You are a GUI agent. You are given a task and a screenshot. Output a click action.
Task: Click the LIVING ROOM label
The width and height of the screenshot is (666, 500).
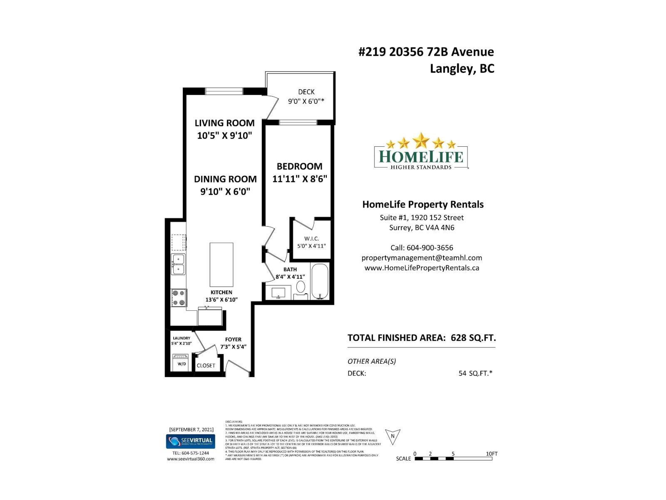(x=224, y=123)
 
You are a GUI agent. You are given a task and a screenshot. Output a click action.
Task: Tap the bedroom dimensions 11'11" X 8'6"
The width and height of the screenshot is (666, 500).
(x=300, y=179)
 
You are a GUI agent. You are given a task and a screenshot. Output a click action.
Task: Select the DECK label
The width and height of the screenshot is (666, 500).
(x=306, y=92)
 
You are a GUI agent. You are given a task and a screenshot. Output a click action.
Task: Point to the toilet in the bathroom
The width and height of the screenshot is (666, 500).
(x=301, y=287)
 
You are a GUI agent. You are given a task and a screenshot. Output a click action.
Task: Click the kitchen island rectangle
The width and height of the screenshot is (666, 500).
(x=221, y=264)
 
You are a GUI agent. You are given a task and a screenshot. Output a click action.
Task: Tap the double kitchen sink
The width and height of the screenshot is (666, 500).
(x=179, y=264)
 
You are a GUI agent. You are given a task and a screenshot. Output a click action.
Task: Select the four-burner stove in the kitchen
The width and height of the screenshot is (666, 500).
(x=179, y=297)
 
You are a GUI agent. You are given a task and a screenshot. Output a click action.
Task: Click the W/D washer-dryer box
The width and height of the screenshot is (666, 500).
(x=181, y=362)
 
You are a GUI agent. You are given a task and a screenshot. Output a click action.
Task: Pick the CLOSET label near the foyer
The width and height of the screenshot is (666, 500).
(x=206, y=365)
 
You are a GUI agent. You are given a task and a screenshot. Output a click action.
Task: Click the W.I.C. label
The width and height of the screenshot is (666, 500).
(x=311, y=239)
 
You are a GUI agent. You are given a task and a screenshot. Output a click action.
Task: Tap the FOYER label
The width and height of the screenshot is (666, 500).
(x=233, y=340)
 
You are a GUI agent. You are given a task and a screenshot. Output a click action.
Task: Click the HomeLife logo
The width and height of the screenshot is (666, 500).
(x=421, y=153)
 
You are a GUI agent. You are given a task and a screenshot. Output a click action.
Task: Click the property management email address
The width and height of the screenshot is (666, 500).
(x=422, y=258)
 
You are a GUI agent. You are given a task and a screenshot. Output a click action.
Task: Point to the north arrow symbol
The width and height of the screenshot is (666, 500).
(x=393, y=436)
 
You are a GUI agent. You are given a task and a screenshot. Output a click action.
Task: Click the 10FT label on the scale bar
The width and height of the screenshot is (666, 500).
(x=492, y=454)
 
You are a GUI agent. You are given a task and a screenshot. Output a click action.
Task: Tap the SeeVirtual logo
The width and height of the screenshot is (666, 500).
(x=191, y=441)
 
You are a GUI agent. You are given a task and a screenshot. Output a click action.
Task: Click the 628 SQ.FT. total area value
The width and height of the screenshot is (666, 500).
(x=473, y=337)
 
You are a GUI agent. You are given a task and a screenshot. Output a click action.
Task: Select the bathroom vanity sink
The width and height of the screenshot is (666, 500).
(x=278, y=292)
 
